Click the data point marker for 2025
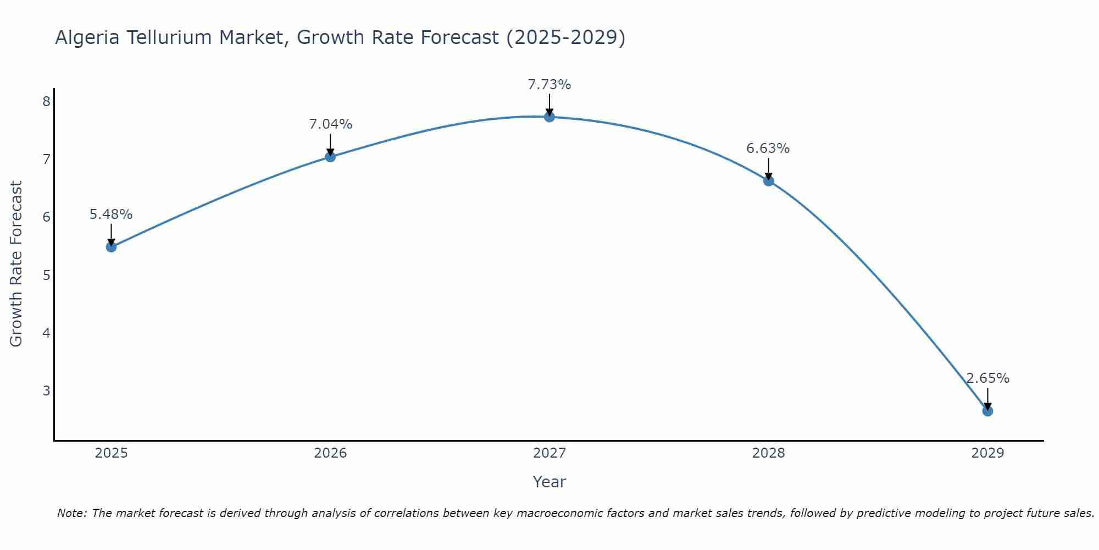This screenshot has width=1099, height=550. click(x=111, y=247)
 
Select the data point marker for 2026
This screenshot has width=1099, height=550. click(x=330, y=157)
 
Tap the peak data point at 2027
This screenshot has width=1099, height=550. click(x=549, y=117)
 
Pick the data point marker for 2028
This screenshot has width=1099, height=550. click(x=768, y=180)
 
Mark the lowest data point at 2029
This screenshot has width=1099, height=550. click(x=987, y=411)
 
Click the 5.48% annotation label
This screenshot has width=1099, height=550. click(x=111, y=215)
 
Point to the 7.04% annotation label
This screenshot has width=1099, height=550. click(x=330, y=124)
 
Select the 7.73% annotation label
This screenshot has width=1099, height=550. click(x=549, y=85)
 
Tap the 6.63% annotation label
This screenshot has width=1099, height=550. click(x=768, y=148)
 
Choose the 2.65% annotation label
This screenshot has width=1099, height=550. click(x=987, y=378)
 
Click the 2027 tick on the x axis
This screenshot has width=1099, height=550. click(x=549, y=453)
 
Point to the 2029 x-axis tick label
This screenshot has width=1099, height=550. click(x=987, y=453)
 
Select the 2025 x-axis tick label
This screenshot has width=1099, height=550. click(x=111, y=453)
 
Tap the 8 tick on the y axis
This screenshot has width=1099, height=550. click(x=46, y=101)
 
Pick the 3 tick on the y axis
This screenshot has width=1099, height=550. click(x=46, y=391)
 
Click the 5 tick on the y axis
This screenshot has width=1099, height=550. click(x=46, y=275)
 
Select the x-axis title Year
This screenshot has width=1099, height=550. click(x=549, y=482)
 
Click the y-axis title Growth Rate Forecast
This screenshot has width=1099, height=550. click(x=16, y=263)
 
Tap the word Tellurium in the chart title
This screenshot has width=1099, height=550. click(x=168, y=37)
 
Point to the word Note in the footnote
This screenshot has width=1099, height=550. click(x=71, y=513)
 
